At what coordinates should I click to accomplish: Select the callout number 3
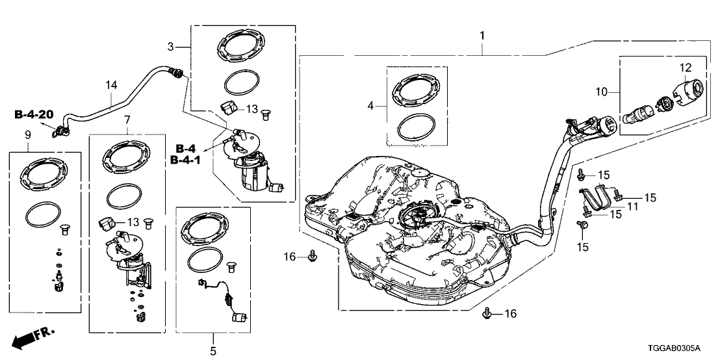[170, 47]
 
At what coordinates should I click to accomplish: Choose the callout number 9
[28, 135]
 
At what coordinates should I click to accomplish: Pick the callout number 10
[602, 93]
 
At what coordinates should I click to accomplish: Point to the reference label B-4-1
[185, 159]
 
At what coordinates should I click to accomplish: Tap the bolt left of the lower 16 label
[487, 315]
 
